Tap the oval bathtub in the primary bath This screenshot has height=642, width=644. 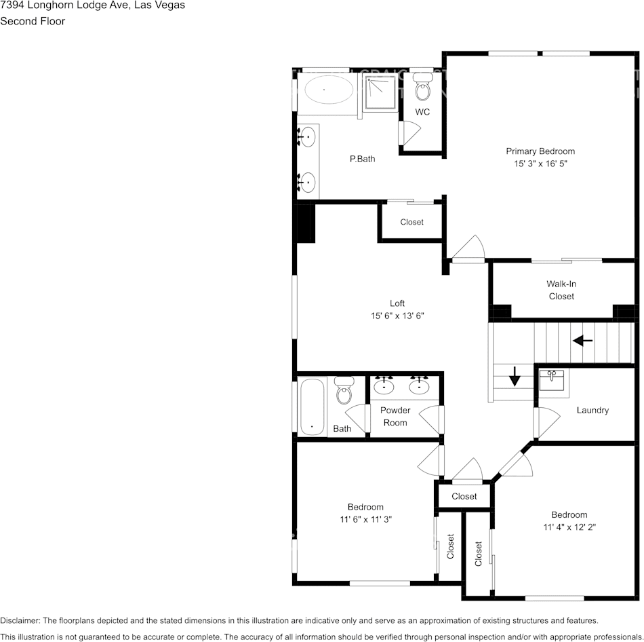[325, 90]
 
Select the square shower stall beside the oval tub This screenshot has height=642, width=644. [380, 93]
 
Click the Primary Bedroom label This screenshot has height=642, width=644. [540, 151]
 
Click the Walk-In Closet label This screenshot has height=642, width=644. [561, 290]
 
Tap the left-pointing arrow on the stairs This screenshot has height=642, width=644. [582, 341]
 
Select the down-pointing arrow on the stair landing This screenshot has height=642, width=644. [515, 375]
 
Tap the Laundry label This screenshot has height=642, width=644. [592, 410]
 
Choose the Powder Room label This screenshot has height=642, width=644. [395, 416]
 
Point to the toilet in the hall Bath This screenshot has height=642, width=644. [344, 390]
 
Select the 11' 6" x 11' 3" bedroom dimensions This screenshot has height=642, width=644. [365, 519]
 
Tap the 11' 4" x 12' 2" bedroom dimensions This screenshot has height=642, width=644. [569, 527]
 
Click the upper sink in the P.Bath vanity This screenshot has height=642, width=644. [308, 137]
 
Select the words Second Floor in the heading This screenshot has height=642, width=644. [33, 21]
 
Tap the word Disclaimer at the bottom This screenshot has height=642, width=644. [20, 620]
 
